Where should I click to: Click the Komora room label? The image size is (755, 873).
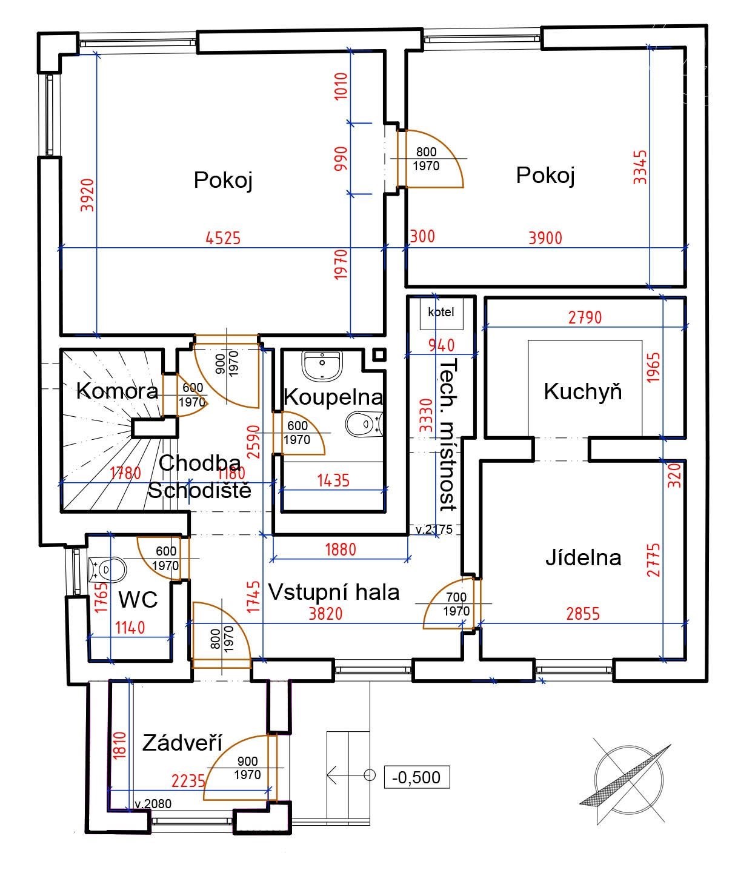117,391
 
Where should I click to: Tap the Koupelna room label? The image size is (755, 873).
333,397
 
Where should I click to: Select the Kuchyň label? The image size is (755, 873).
583,391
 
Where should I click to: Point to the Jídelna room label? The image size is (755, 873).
583,557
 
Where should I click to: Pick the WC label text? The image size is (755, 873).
138,599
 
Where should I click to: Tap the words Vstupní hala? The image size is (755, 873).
334,592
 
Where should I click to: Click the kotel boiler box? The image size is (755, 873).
441,313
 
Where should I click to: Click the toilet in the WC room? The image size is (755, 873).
107,569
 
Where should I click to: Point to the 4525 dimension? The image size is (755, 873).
223,238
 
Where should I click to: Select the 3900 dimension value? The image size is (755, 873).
545,238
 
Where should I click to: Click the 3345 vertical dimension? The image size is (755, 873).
640,167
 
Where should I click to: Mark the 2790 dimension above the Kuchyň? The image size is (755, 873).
585,317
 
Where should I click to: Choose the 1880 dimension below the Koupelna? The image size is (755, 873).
341,549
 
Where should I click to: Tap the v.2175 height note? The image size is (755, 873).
434,529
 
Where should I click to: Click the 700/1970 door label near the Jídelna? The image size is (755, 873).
456,604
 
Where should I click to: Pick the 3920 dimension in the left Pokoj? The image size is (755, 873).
87,195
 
